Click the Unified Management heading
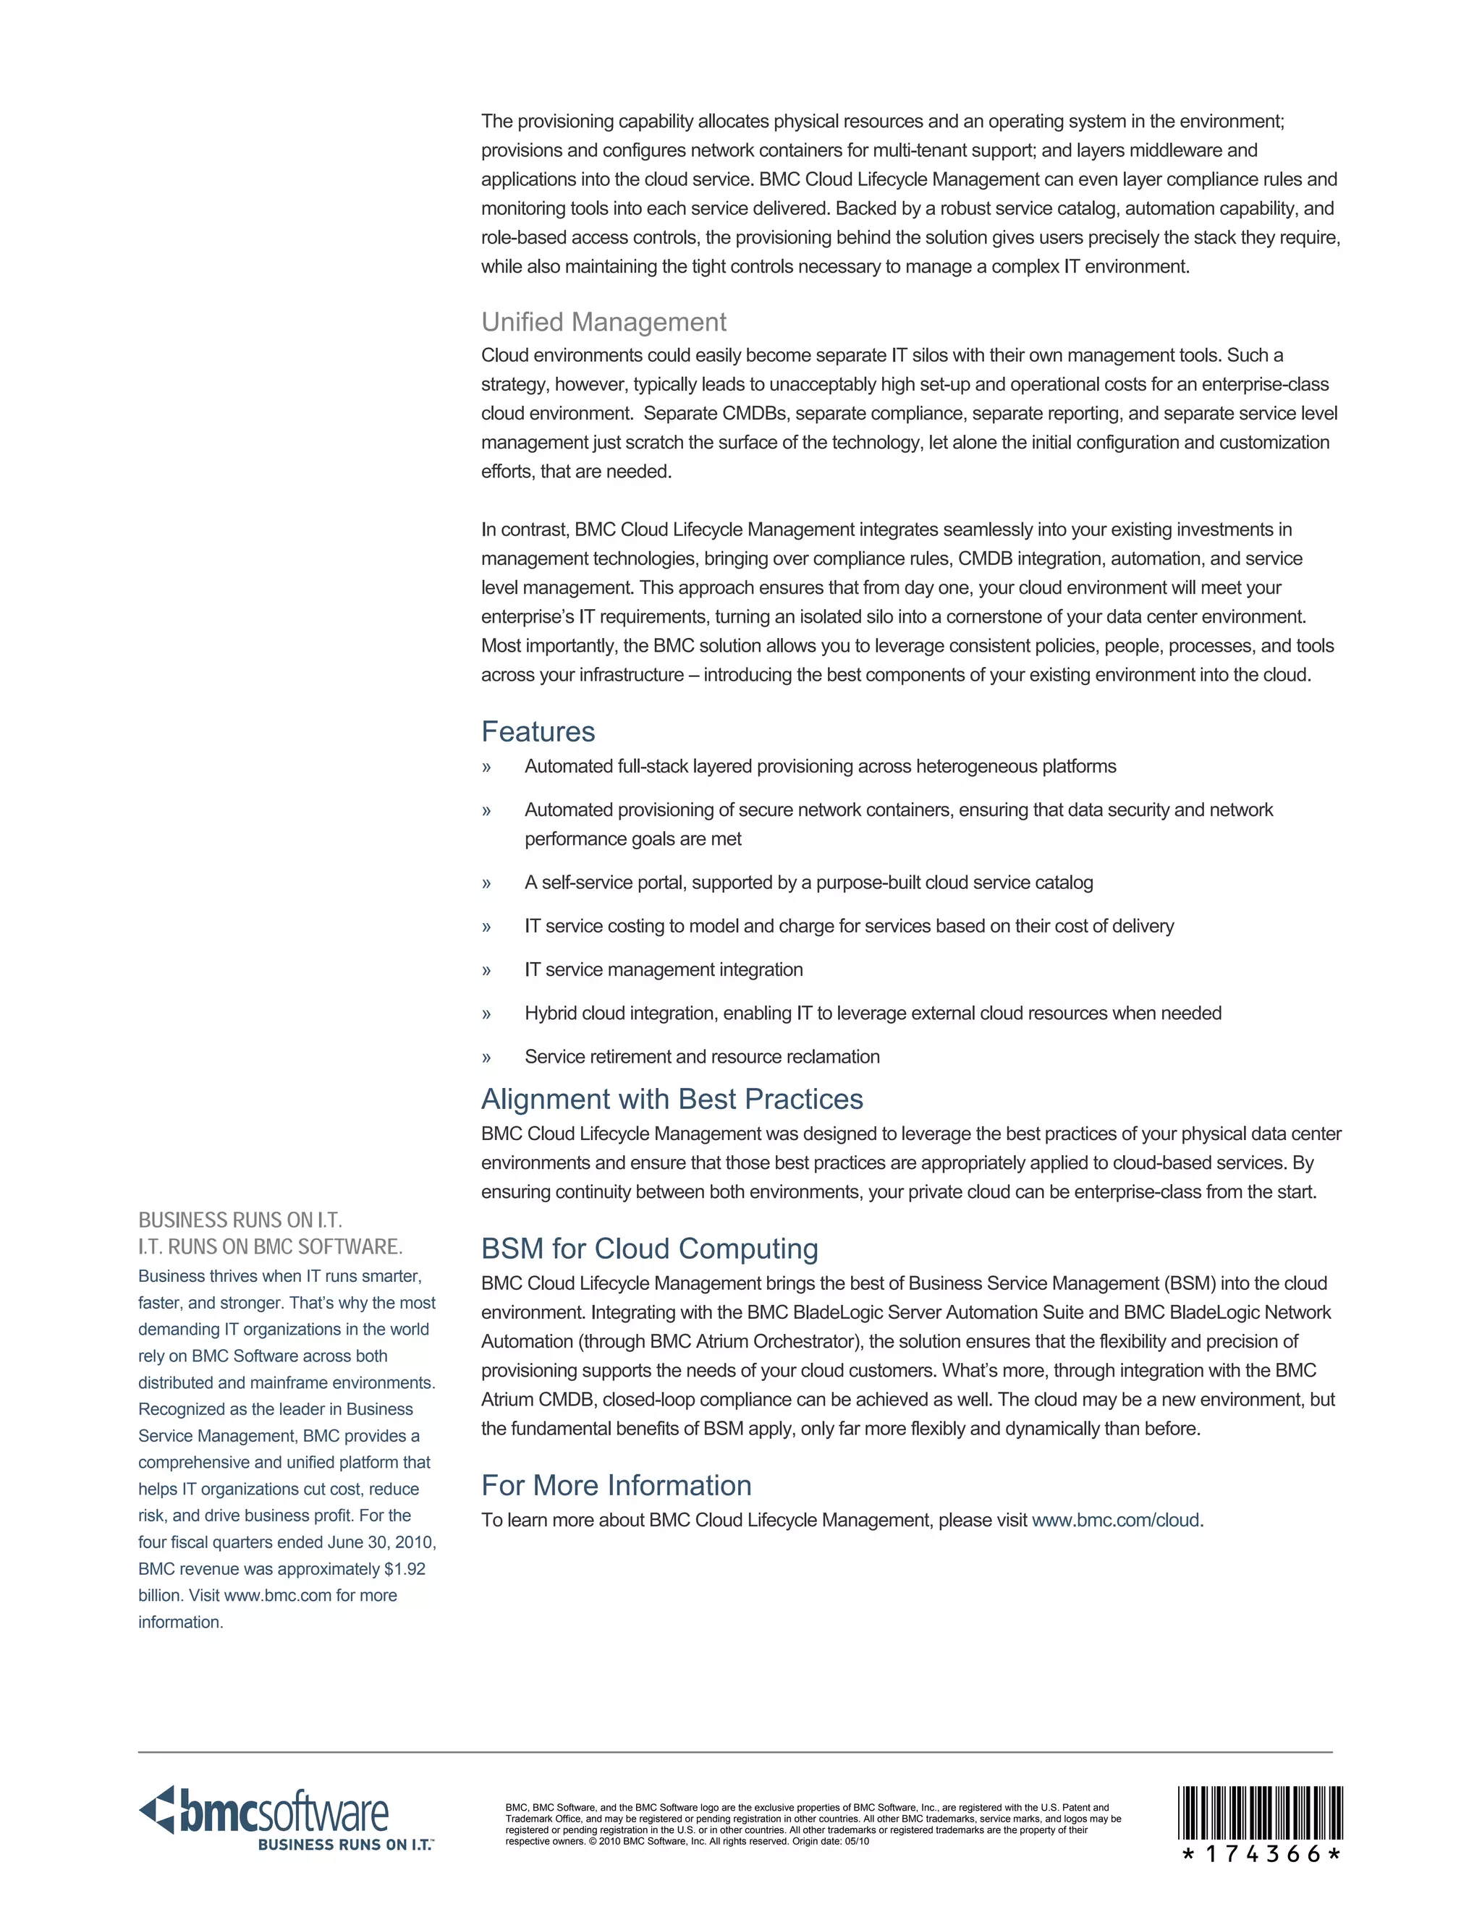coord(604,322)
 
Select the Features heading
coord(538,731)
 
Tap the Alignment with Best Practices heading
coord(672,1099)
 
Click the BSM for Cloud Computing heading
coord(650,1248)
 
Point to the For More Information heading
coord(617,1485)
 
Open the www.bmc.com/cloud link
coord(1115,1521)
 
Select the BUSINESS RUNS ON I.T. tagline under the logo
coord(345,1845)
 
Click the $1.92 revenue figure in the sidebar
coord(404,1568)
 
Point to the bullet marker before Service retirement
coord(486,1058)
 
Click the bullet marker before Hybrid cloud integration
coord(486,1013)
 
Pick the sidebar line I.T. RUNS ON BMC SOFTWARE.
coord(271,1246)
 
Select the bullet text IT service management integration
coord(664,970)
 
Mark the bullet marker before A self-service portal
coord(486,883)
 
